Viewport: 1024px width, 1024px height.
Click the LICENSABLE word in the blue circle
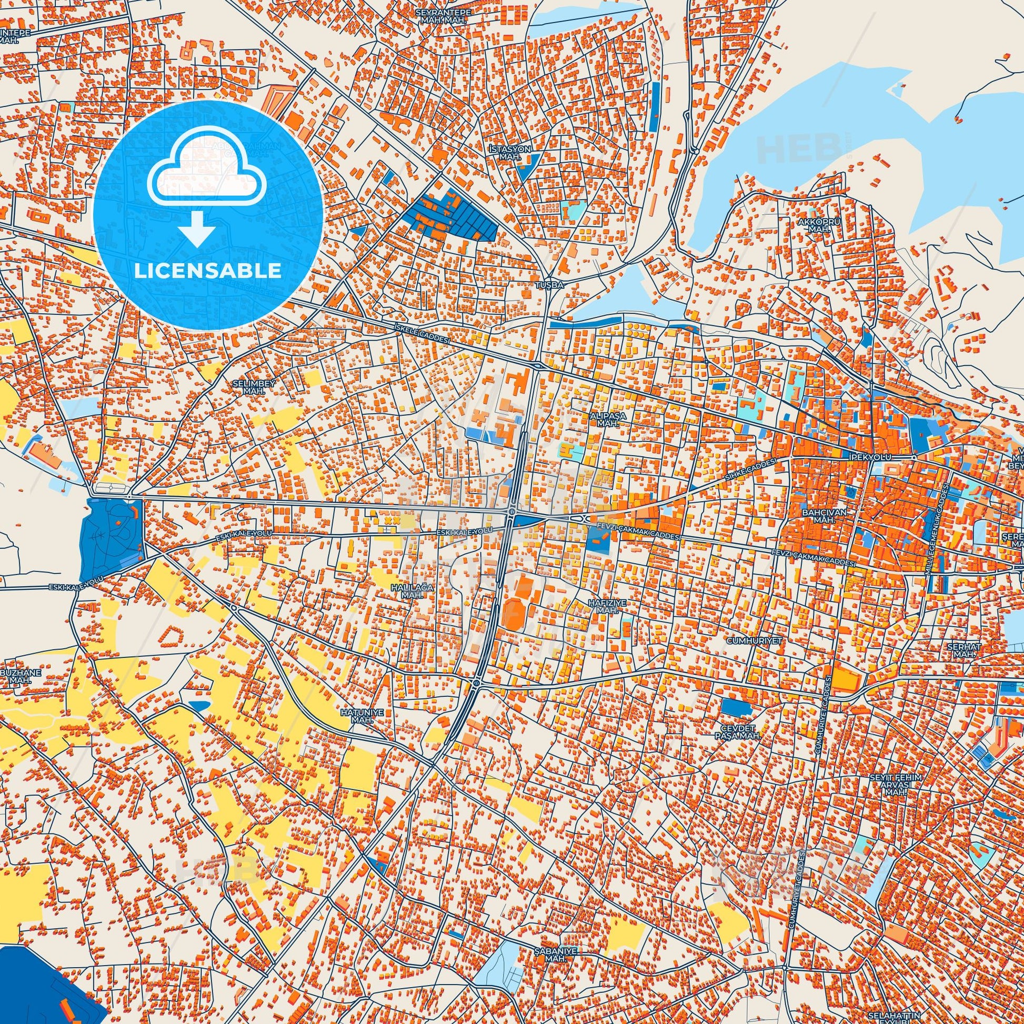point(208,271)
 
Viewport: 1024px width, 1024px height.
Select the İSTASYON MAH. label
point(510,153)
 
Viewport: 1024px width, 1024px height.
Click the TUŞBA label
point(548,285)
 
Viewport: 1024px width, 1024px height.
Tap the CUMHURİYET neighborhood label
point(748,640)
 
